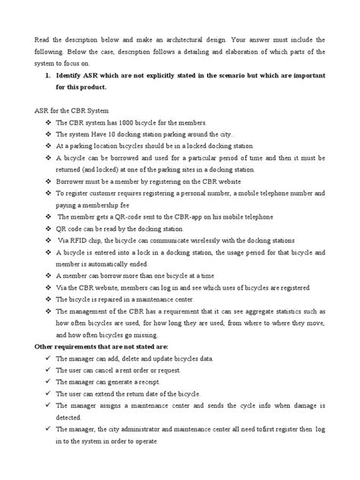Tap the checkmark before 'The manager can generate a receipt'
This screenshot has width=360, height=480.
point(48,383)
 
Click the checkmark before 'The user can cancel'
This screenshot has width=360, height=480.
point(48,371)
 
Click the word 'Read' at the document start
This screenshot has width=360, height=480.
point(43,39)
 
